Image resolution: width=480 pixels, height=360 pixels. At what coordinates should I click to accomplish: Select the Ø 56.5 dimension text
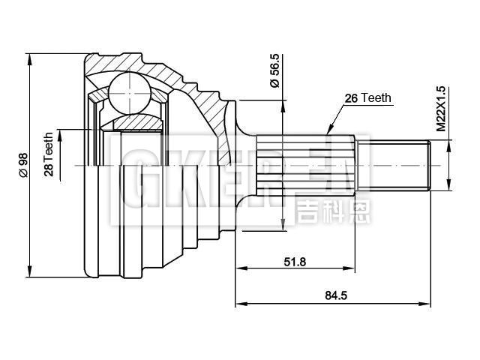[274, 72]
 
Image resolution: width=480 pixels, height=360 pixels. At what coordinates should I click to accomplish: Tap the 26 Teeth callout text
[367, 98]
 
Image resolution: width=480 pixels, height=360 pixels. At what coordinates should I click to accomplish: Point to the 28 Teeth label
[49, 154]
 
